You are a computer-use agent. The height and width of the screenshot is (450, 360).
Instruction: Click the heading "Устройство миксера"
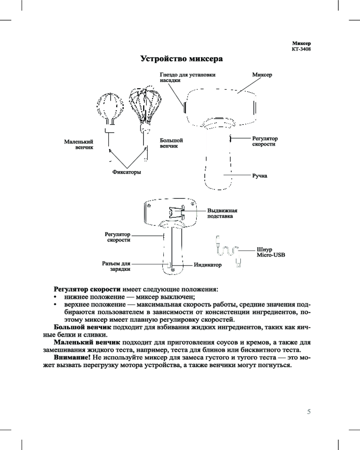(182, 58)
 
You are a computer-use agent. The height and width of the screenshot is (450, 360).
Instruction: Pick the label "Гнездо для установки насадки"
(188, 77)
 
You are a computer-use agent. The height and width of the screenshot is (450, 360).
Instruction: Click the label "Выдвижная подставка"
(222, 213)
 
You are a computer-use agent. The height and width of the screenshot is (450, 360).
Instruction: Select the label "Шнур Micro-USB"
(270, 252)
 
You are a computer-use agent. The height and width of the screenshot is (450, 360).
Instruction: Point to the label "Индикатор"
(208, 265)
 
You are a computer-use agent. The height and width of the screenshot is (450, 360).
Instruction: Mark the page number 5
(309, 411)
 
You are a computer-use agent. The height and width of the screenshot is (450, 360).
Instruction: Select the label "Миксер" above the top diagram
(262, 74)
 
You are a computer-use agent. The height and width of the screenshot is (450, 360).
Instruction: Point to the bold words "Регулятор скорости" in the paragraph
(87, 288)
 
